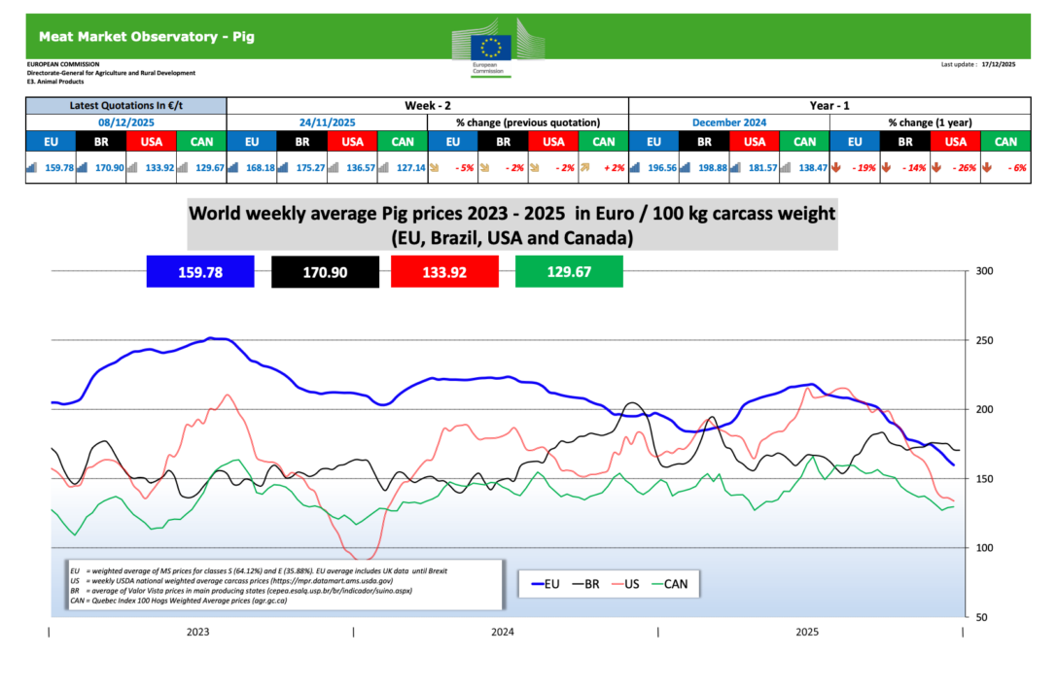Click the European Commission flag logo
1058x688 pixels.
pos(490,46)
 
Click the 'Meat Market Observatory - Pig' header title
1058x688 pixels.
pos(147,37)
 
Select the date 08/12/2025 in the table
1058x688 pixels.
pos(125,122)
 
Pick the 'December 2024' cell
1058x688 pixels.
pos(729,122)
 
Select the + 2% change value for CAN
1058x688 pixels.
pos(605,167)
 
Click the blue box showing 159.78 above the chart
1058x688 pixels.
pos(199,272)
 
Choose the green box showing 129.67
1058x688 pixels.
pos(568,272)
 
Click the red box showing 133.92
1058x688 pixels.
pos(444,272)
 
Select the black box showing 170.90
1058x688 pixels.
pos(325,272)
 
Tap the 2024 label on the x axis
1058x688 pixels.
pos(503,632)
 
